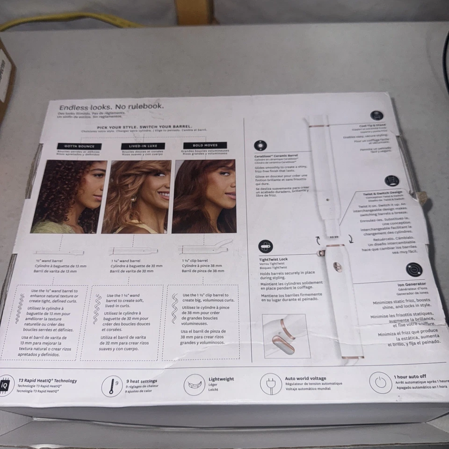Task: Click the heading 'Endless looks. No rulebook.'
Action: coord(111,107)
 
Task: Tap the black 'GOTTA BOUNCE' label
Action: coord(79,146)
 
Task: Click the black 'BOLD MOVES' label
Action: coord(205,145)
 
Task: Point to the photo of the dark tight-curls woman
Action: coord(69,196)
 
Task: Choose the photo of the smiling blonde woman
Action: coord(137,196)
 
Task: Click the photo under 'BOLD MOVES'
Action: coord(204,196)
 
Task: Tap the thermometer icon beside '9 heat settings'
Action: coord(112,386)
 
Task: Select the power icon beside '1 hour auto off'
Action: coord(380,382)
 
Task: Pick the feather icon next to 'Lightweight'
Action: coord(195,384)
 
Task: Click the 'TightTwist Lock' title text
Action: coord(274,259)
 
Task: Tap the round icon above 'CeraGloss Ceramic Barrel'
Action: coord(260,145)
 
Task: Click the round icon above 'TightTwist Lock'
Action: coord(265,246)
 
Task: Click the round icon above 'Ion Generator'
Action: coord(414,270)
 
